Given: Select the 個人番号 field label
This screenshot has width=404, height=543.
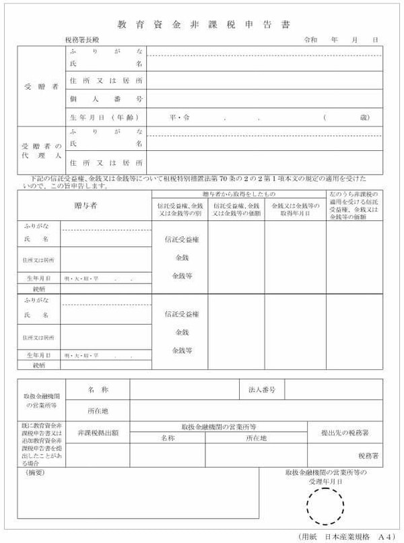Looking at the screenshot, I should coord(106,99).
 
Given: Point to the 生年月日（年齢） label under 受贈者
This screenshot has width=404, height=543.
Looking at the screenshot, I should coord(106,117).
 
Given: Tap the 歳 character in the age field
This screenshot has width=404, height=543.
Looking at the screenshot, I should coord(364,117).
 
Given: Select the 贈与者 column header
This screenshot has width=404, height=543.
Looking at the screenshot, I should coord(85,205).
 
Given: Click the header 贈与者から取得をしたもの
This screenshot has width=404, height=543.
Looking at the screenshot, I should coord(239,194).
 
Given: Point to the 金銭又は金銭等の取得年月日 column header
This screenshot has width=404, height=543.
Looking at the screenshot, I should coord(295,209).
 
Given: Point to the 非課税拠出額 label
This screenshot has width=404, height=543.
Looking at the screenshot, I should coord(98,433).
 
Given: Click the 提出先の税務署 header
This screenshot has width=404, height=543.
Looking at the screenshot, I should coord(345,433).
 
